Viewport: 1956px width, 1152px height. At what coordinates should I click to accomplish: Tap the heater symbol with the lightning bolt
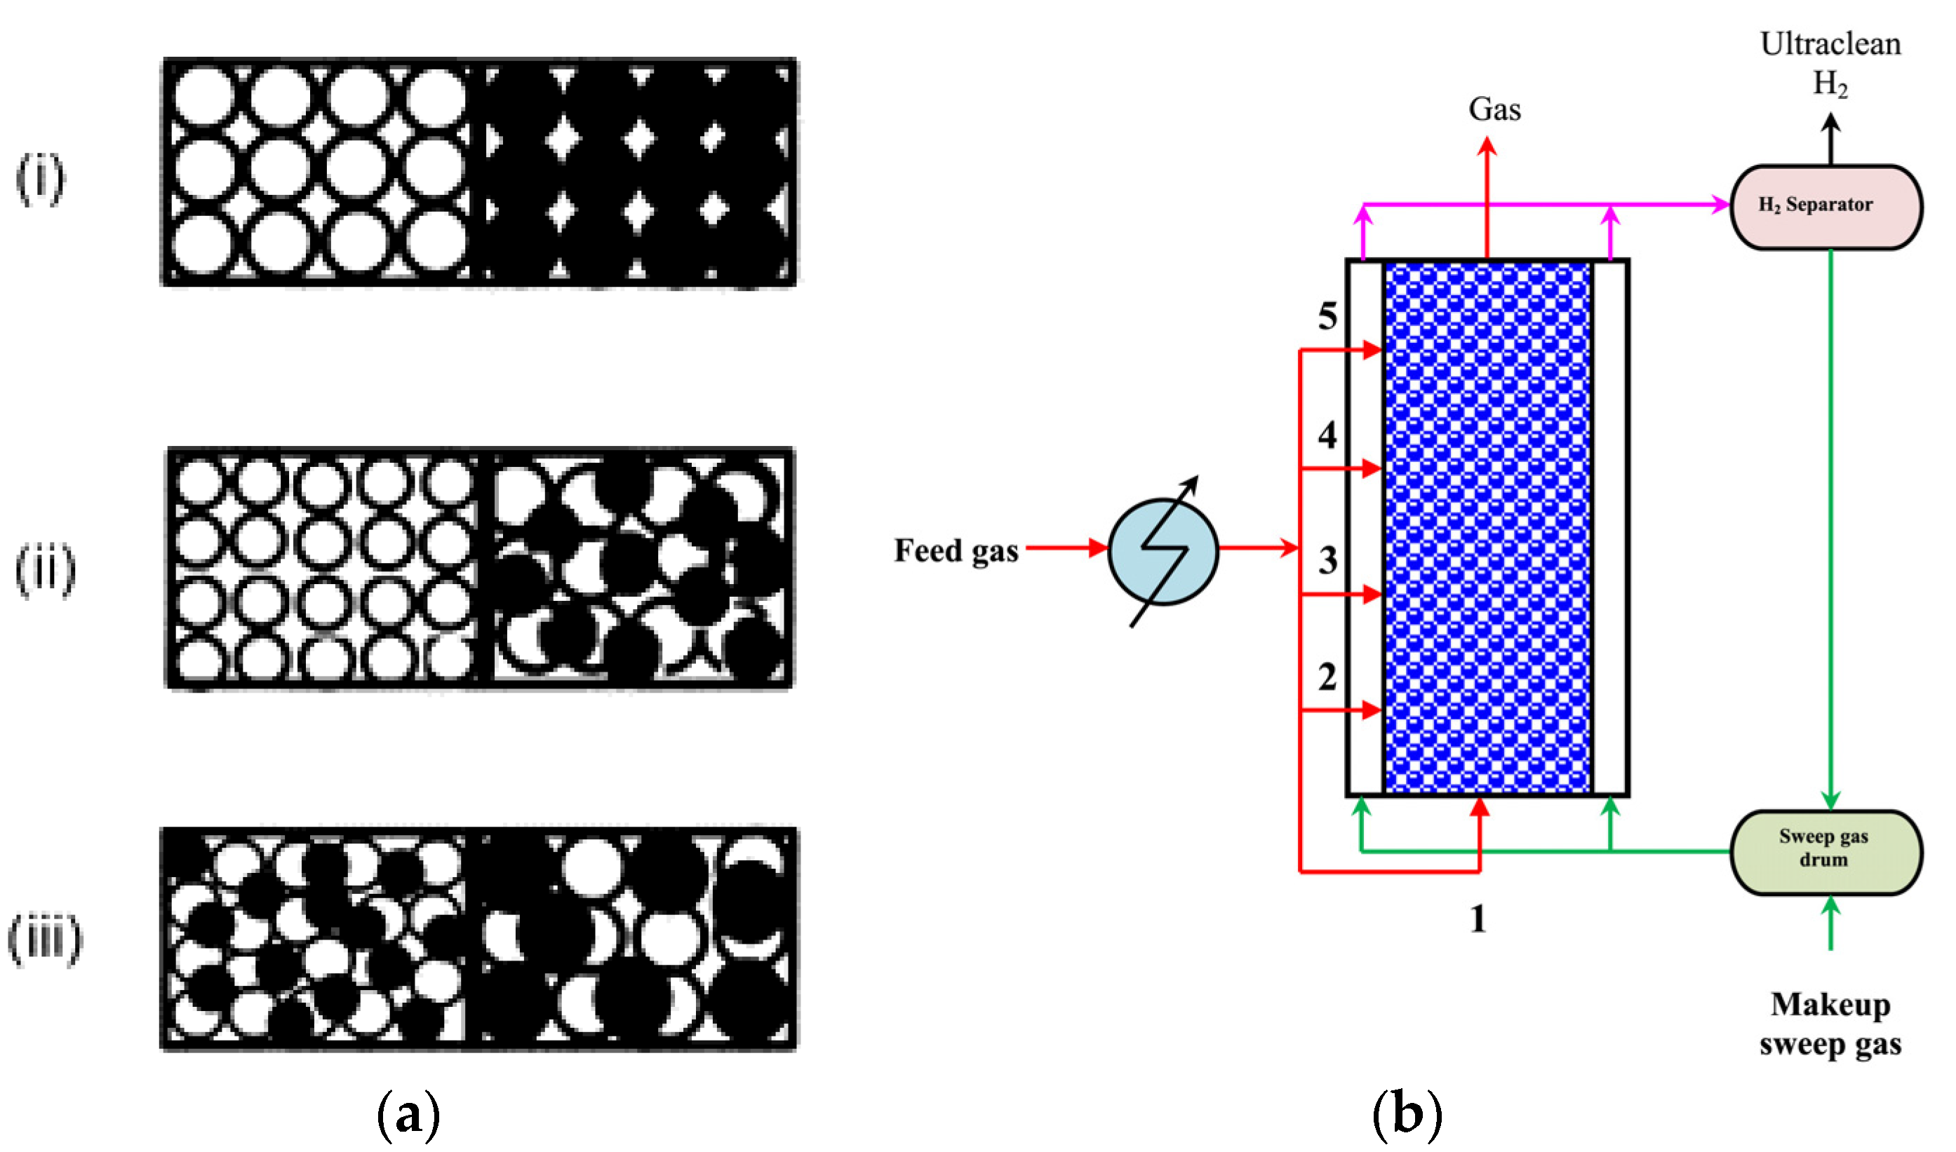[1163, 551]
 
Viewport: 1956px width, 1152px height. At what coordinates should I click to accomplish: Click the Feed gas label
[955, 551]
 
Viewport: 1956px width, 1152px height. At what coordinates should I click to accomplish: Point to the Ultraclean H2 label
[1830, 64]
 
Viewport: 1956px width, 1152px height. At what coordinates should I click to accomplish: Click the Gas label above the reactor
[1494, 109]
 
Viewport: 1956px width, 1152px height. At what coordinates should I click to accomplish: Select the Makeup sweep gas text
[1830, 1024]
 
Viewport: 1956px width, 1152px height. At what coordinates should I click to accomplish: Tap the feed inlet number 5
[1327, 316]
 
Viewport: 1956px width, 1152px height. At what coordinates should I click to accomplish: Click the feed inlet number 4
[1327, 435]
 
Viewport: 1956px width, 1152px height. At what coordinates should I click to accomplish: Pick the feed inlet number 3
[1327, 560]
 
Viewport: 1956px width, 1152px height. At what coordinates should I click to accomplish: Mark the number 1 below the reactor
[1478, 919]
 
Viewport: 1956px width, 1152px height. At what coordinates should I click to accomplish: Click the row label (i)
[41, 179]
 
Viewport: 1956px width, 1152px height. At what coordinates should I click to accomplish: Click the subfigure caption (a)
[408, 1115]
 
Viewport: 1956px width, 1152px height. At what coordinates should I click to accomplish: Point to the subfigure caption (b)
[1407, 1115]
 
